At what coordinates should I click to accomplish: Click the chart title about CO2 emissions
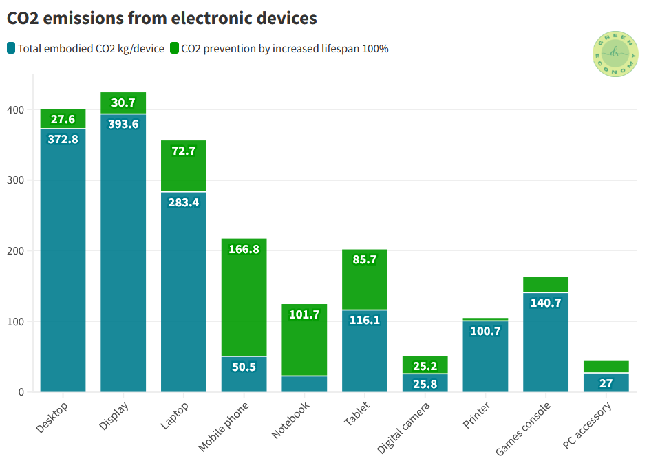pyautogui.click(x=162, y=18)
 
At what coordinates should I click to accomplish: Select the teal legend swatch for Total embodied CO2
pyautogui.click(x=11, y=48)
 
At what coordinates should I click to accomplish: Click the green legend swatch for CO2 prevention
pyautogui.click(x=175, y=48)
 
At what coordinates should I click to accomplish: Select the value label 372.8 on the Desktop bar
pyautogui.click(x=63, y=139)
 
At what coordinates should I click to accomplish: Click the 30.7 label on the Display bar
pyautogui.click(x=123, y=103)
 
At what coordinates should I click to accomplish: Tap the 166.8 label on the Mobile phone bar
pyautogui.click(x=244, y=249)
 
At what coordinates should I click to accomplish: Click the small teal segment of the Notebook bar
pyautogui.click(x=304, y=384)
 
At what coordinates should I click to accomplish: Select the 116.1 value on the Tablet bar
pyautogui.click(x=365, y=320)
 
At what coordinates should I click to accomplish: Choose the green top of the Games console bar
pyautogui.click(x=546, y=284)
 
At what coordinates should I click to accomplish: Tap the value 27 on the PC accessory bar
pyautogui.click(x=606, y=383)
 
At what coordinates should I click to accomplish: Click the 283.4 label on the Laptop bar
pyautogui.click(x=184, y=202)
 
